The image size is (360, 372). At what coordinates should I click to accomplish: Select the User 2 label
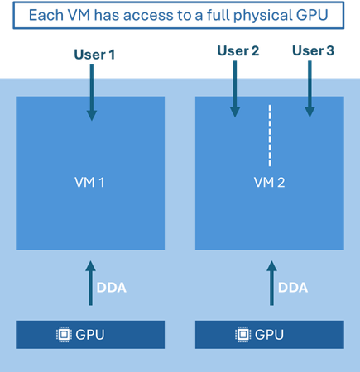239,51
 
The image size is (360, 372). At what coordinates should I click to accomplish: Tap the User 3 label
313,51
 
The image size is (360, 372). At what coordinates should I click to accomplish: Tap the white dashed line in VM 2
270,135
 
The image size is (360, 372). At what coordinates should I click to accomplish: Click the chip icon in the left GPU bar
63,335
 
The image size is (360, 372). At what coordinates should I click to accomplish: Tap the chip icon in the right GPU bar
242,335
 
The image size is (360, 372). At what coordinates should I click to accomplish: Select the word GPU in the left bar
90,335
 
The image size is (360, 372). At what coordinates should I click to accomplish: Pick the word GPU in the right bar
270,335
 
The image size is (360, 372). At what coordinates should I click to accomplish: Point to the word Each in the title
46,15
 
